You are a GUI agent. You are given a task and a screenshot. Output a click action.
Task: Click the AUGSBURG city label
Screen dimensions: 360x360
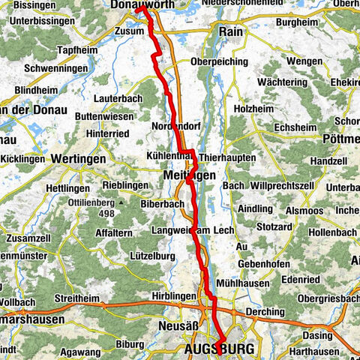219,349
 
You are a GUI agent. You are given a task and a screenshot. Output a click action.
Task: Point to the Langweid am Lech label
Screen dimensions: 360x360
187,229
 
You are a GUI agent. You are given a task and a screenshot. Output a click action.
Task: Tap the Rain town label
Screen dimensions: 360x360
229,31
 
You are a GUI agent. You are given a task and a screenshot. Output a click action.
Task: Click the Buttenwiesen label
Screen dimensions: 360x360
103,117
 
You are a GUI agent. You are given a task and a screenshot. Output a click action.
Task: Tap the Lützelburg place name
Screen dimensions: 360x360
151,256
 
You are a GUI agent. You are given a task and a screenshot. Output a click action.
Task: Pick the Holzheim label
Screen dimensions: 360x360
253,108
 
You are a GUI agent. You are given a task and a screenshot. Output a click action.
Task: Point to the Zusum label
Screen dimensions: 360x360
130,31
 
